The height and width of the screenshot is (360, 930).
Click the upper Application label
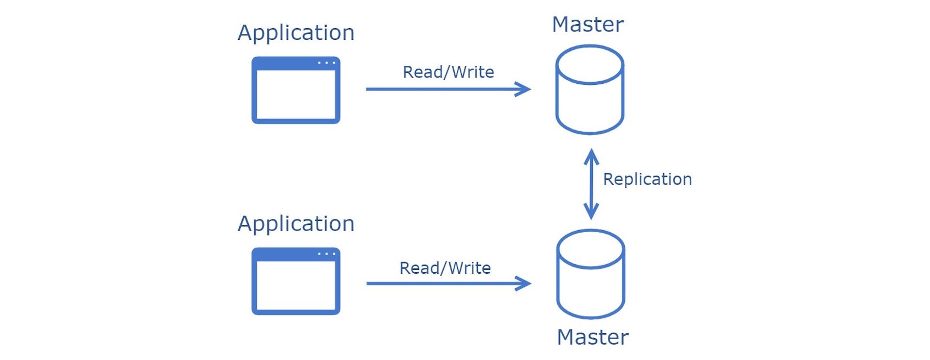296,33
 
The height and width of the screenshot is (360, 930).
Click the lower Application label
296,224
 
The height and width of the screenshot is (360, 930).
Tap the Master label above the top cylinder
588,25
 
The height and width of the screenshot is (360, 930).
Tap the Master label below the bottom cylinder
592,337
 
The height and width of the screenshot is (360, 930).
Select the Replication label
647,179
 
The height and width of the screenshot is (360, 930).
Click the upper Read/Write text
448,72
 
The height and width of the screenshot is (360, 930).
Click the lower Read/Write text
445,268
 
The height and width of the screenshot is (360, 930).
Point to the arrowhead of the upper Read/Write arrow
525,89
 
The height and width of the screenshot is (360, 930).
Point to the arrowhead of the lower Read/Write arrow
526,283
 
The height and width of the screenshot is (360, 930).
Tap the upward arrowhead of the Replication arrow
591,155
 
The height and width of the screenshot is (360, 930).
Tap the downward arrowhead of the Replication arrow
591,213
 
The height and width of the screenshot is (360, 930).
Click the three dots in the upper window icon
326,63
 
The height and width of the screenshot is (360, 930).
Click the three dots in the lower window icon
326,254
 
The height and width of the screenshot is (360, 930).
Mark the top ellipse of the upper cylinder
589,65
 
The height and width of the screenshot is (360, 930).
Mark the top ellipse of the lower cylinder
590,250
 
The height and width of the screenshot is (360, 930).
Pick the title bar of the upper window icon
286,63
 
